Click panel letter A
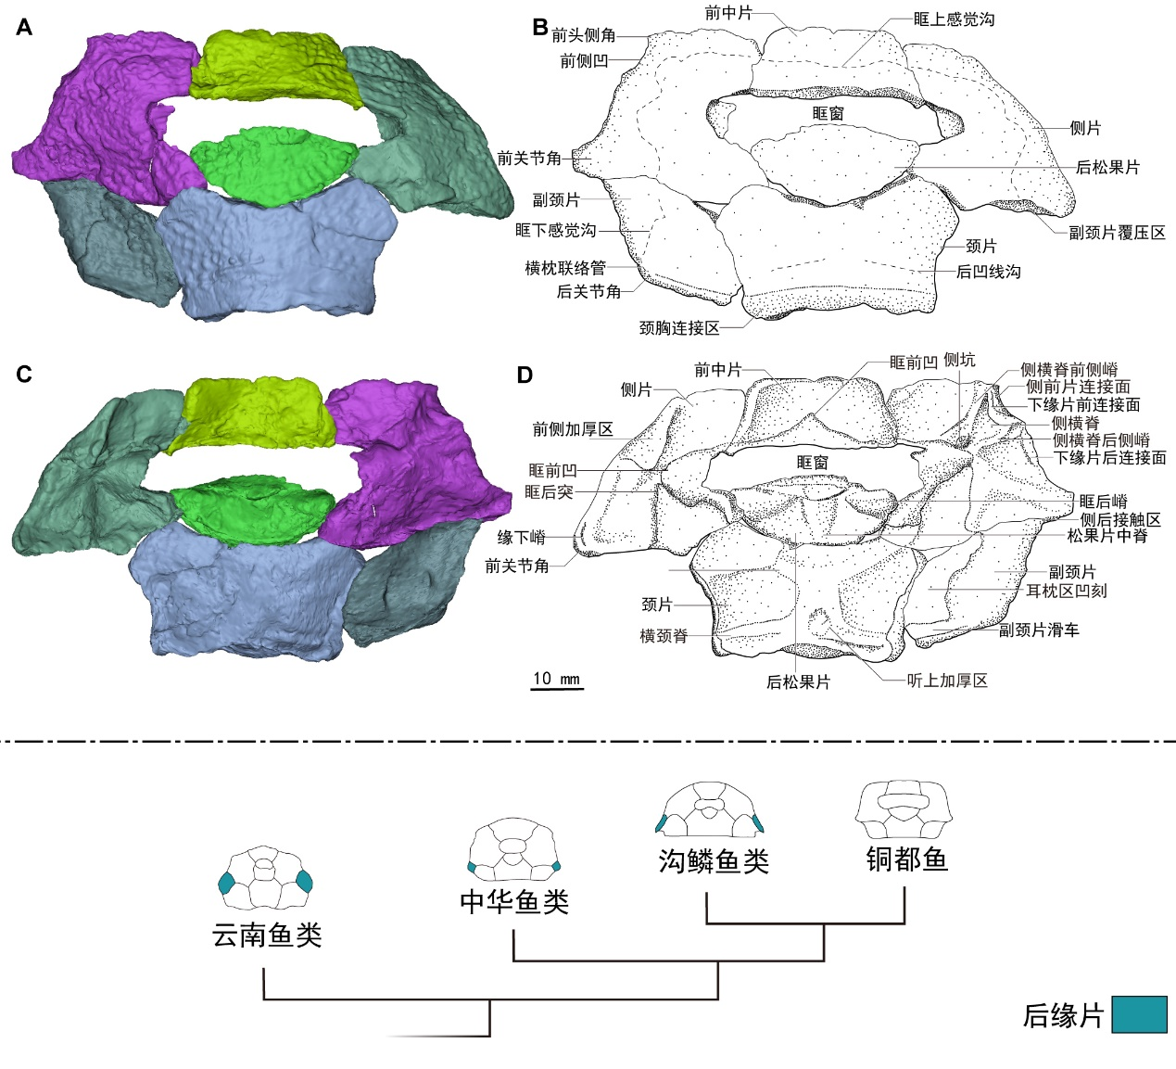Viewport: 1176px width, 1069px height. pyautogui.click(x=24, y=28)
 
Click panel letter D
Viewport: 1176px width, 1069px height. pyautogui.click(x=525, y=375)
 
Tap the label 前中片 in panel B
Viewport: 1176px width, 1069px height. pyautogui.click(x=728, y=13)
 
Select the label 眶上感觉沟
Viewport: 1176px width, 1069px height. pyautogui.click(x=954, y=19)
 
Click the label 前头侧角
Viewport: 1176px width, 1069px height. pyautogui.click(x=584, y=35)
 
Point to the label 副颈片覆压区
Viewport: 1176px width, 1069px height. pyautogui.click(x=1117, y=233)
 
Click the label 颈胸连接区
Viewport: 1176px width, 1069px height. pyautogui.click(x=679, y=328)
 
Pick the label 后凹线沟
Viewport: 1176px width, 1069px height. pyautogui.click(x=989, y=272)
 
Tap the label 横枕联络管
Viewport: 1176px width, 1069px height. pyautogui.click(x=565, y=268)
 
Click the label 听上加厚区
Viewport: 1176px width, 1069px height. pyautogui.click(x=947, y=681)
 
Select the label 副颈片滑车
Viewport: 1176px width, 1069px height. pyautogui.click(x=1039, y=630)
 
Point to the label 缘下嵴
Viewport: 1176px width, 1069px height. pyautogui.click(x=521, y=538)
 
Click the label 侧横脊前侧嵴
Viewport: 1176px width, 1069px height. pyautogui.click(x=1069, y=370)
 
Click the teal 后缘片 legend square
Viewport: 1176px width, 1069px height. pyautogui.click(x=1139, y=1014)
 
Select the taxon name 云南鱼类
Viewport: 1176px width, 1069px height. pyautogui.click(x=267, y=935)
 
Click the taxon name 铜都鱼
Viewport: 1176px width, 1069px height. pyautogui.click(x=906, y=859)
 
